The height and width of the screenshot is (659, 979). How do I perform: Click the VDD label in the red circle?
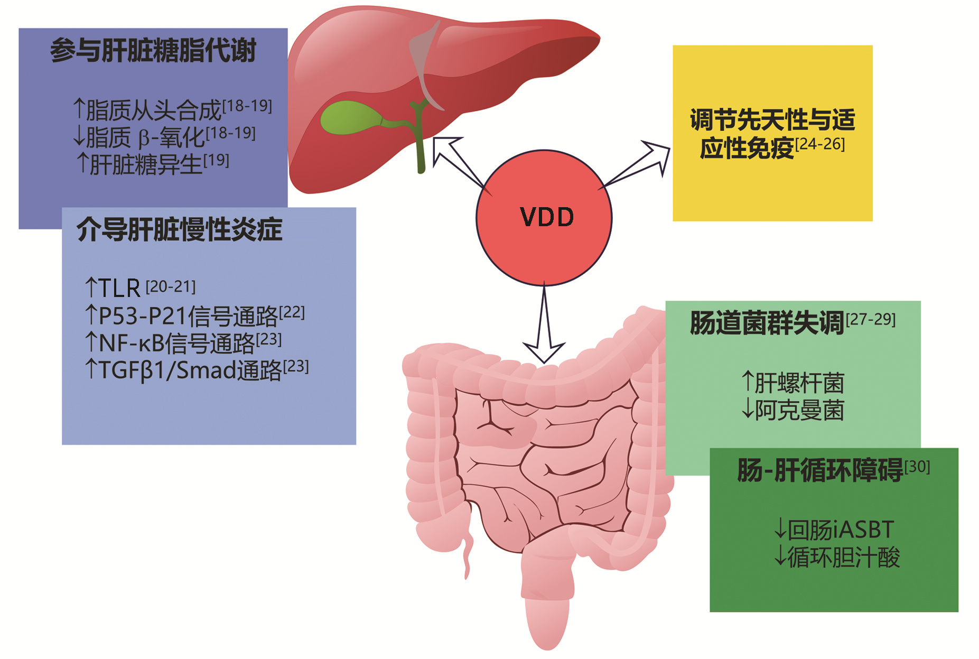pyautogui.click(x=546, y=217)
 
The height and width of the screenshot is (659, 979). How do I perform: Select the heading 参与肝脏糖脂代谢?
pyautogui.click(x=153, y=51)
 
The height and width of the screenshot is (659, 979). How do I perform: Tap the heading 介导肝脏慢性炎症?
pyautogui.click(x=180, y=230)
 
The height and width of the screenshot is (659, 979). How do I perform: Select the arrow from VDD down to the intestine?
pyautogui.click(x=544, y=328)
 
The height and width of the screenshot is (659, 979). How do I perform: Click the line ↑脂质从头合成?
pyautogui.click(x=172, y=109)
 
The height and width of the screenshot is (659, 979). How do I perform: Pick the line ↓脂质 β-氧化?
pyautogui.click(x=164, y=136)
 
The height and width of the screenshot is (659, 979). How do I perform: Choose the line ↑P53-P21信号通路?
pyautogui.click(x=194, y=315)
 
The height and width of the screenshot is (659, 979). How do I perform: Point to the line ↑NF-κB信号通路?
pyautogui.click(x=183, y=342)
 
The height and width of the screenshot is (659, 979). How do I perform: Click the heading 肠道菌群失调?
pyautogui.click(x=767, y=323)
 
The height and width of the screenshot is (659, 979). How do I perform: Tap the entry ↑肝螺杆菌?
pyautogui.click(x=792, y=383)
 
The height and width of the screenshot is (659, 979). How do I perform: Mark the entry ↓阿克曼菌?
pyautogui.click(x=792, y=410)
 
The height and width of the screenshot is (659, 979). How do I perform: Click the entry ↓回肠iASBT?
pyautogui.click(x=834, y=530)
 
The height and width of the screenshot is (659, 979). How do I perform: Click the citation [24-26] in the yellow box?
pyautogui.click(x=820, y=144)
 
